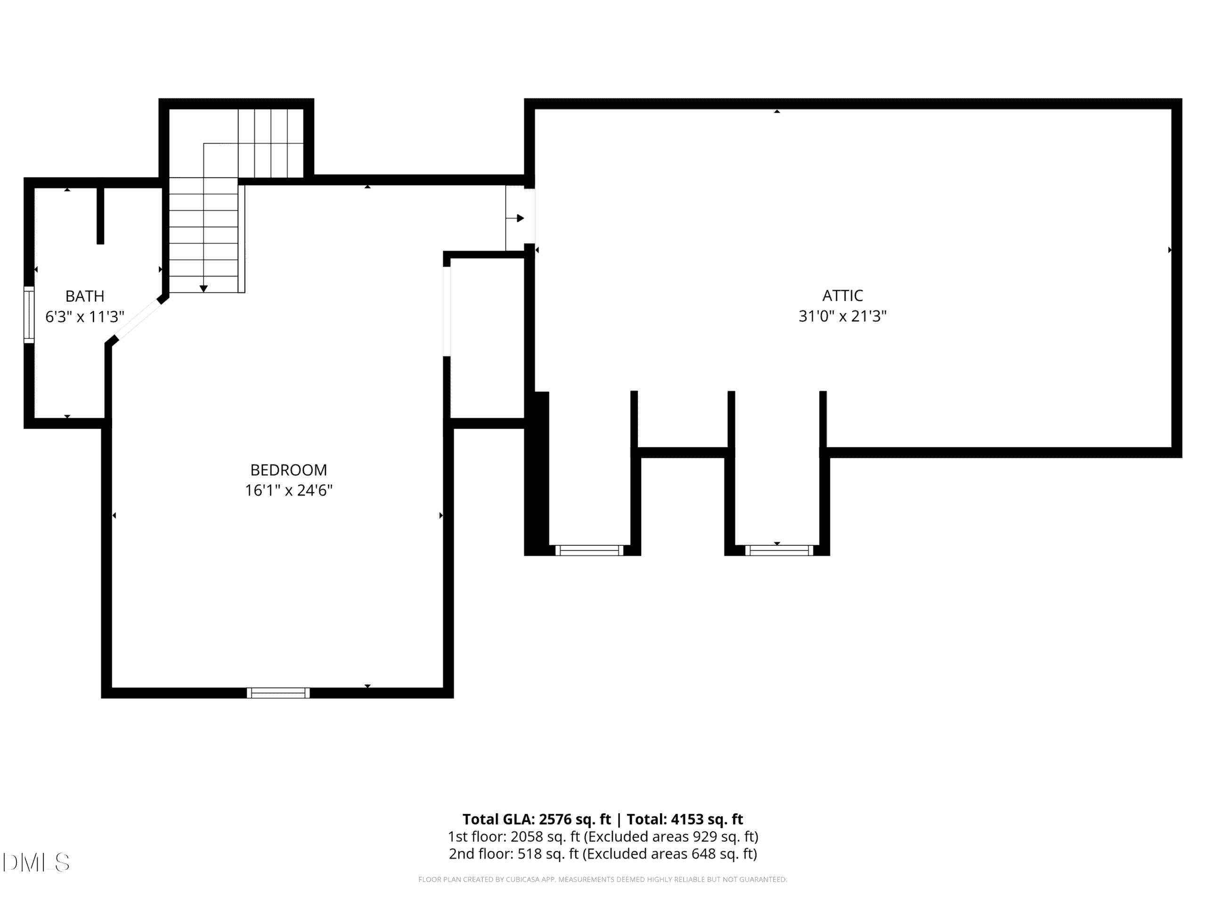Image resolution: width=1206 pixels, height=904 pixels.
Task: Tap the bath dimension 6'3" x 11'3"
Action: tap(84, 316)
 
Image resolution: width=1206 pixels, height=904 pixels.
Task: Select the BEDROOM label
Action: tap(288, 470)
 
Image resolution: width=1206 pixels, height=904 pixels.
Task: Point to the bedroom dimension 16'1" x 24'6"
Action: tap(288, 491)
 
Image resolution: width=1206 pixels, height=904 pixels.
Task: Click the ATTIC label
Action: tap(842, 295)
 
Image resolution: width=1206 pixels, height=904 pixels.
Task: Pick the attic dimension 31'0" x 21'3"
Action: tap(842, 316)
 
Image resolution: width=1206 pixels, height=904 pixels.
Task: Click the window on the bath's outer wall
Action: tap(29, 315)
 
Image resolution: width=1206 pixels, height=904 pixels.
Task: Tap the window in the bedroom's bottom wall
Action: tap(278, 693)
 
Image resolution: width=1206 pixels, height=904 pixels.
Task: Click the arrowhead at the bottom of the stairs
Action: tap(204, 289)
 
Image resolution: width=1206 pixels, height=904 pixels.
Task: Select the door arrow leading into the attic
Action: tap(515, 218)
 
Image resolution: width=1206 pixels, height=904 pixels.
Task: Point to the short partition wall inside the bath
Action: tap(100, 216)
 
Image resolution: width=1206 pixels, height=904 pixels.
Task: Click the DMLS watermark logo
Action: tap(36, 862)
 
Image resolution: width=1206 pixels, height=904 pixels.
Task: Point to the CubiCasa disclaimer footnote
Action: tap(603, 879)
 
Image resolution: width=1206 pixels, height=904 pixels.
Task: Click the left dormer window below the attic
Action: tap(589, 550)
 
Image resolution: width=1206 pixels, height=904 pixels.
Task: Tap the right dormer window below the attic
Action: tap(779, 550)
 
